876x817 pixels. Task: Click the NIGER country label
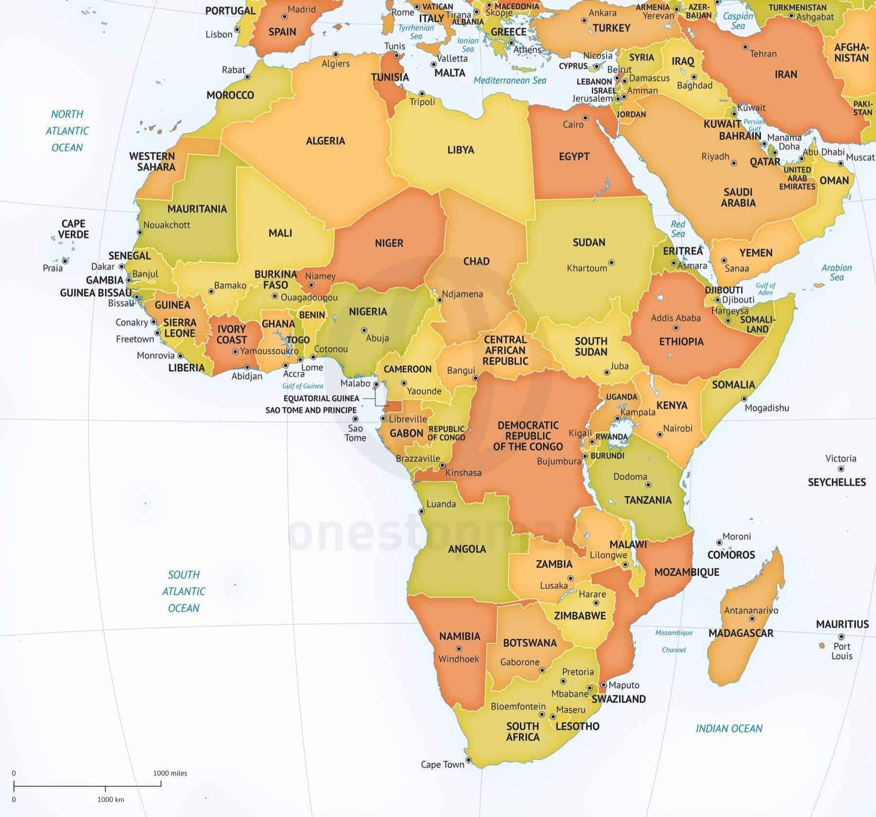389,243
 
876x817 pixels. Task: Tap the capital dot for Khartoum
611,263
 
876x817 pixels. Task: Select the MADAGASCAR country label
741,633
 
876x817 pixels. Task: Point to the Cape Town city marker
469,760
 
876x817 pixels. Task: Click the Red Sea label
677,229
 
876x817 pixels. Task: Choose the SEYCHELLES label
837,482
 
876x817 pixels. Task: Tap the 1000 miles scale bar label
170,773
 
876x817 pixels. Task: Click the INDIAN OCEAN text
729,728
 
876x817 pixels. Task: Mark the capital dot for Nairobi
660,435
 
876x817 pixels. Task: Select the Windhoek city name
458,659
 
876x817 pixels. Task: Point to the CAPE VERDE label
73,229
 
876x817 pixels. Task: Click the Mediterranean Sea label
510,80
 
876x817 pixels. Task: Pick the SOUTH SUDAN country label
591,346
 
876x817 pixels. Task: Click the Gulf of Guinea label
303,386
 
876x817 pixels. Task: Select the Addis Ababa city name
675,318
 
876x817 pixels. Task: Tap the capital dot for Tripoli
422,93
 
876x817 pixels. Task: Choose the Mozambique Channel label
674,641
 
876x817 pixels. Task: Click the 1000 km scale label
110,799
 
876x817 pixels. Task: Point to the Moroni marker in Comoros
719,543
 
